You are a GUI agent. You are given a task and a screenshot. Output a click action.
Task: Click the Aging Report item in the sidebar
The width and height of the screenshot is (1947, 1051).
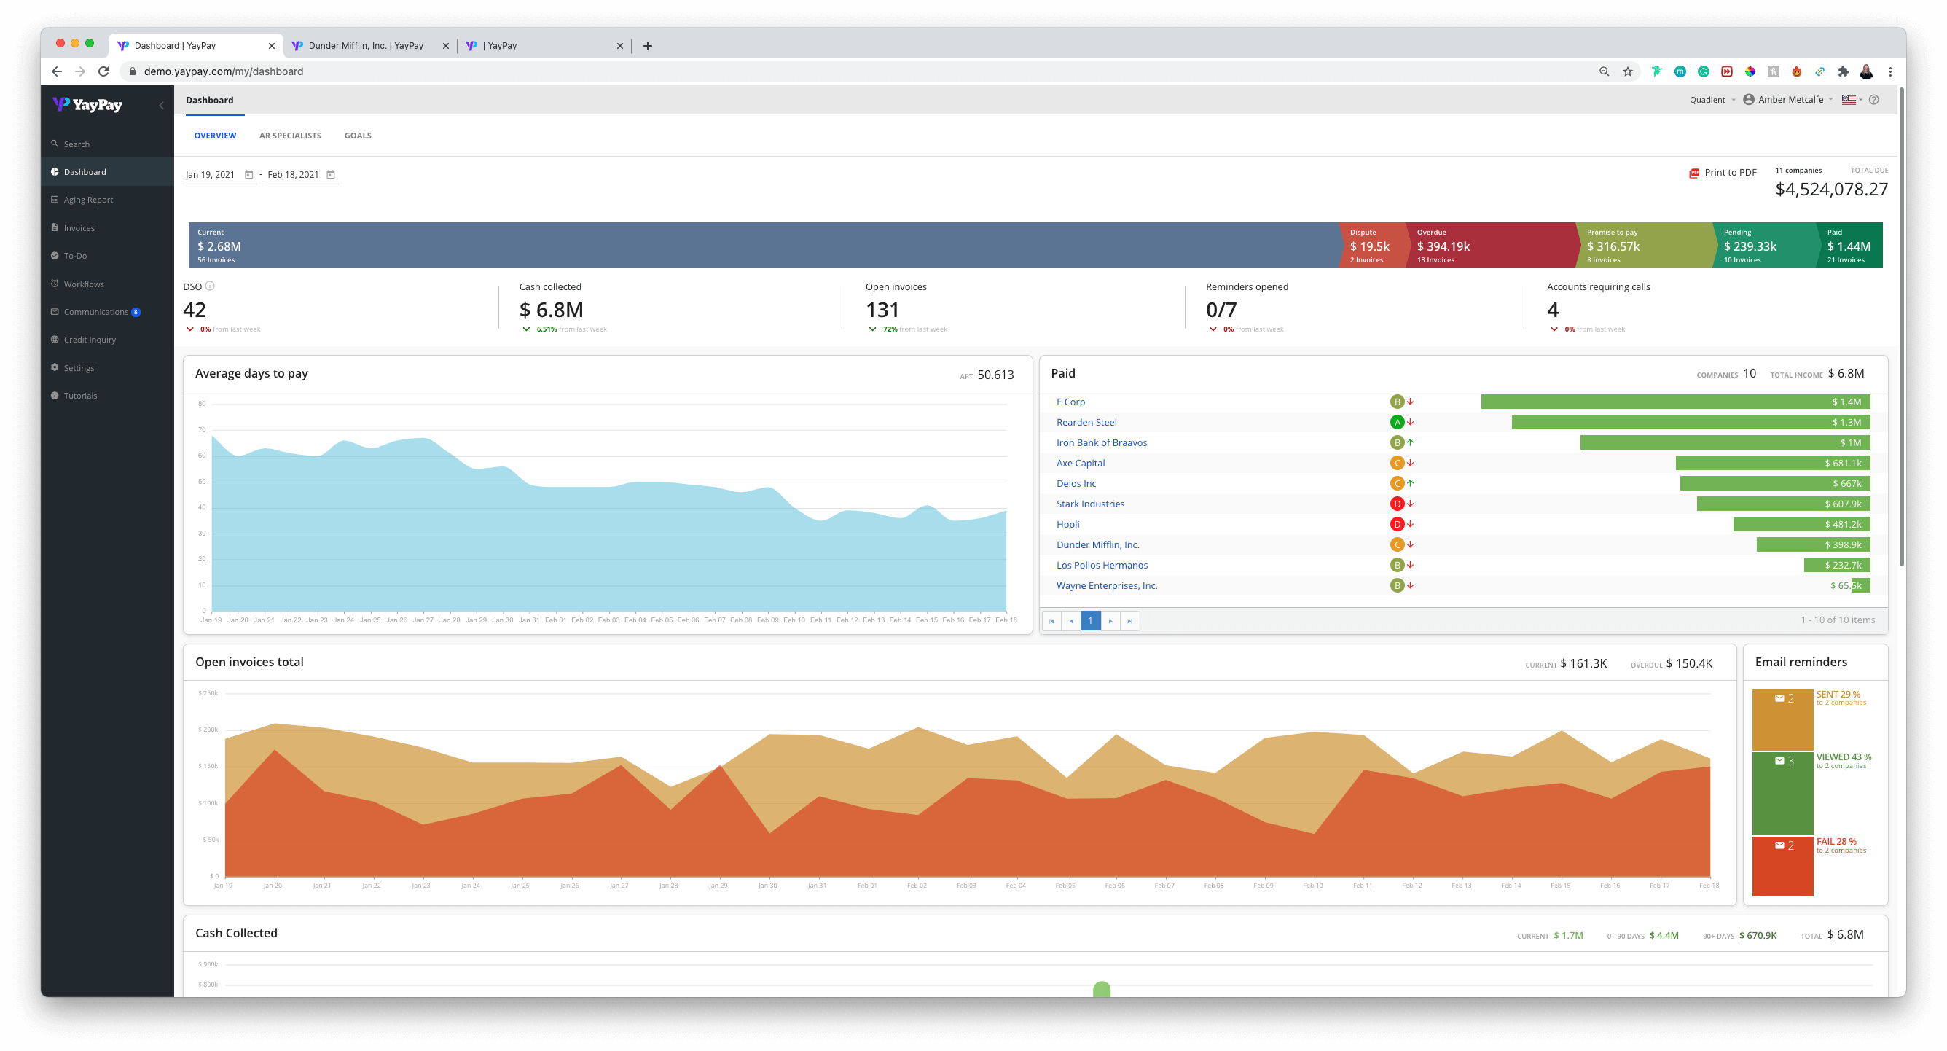coord(88,200)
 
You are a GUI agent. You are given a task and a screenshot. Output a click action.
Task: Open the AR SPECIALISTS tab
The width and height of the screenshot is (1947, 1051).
coord(289,136)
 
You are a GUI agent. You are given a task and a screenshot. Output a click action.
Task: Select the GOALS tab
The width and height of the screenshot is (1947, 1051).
coord(358,136)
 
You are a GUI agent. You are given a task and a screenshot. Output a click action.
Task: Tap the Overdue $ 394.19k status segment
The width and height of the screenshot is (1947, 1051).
coord(1487,246)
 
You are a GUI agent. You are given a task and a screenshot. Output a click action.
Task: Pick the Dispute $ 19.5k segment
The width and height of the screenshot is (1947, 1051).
coord(1370,246)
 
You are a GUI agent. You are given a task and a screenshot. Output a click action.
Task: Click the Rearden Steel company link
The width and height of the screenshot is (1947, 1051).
coord(1086,422)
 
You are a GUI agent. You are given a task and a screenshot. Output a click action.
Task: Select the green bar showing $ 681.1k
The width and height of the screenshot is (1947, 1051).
coord(1771,463)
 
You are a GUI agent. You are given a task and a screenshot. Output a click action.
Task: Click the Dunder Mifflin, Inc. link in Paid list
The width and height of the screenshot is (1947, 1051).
coord(1097,544)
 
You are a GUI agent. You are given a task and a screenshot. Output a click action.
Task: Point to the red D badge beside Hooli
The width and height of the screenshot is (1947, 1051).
coord(1397,524)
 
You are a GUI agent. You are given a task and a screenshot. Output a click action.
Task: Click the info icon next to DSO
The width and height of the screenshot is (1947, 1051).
coord(210,286)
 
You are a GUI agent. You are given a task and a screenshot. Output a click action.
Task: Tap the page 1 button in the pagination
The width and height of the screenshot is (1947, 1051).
coord(1090,620)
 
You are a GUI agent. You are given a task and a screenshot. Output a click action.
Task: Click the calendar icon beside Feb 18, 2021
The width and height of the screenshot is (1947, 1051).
coord(330,175)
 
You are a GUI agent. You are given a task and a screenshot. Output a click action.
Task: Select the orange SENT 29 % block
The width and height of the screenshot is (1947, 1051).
coord(1782,719)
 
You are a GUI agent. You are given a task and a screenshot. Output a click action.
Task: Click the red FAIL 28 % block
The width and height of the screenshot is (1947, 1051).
coord(1782,866)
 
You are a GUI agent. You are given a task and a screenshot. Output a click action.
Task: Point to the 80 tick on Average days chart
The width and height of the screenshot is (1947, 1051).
coord(202,404)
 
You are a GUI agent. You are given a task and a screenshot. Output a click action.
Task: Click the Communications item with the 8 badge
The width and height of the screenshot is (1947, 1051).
coord(96,311)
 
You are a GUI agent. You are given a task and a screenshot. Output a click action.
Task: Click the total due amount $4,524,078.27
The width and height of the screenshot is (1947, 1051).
coord(1830,189)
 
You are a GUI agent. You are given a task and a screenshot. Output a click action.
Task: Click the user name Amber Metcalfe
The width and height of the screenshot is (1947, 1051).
coord(1790,100)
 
